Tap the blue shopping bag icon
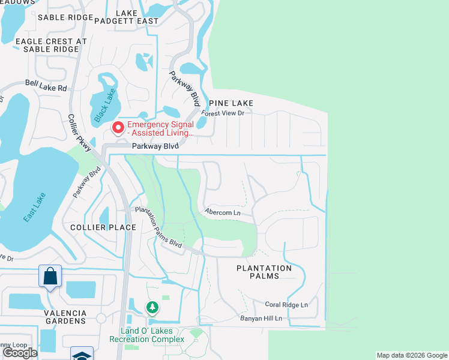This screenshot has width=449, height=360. click(50, 277)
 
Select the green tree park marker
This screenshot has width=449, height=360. click(152, 308)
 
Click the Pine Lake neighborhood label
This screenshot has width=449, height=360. click(231, 103)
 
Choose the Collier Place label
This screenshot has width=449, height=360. click(103, 227)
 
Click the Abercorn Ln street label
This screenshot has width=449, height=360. click(222, 212)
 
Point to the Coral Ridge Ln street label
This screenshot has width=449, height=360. click(287, 304)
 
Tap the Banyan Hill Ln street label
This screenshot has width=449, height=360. click(261, 318)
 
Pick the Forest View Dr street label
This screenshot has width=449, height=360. click(223, 113)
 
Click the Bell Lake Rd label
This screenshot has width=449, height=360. click(46, 87)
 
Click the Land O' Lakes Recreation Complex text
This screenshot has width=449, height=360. click(146, 335)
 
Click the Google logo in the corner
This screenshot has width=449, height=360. click(19, 353)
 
